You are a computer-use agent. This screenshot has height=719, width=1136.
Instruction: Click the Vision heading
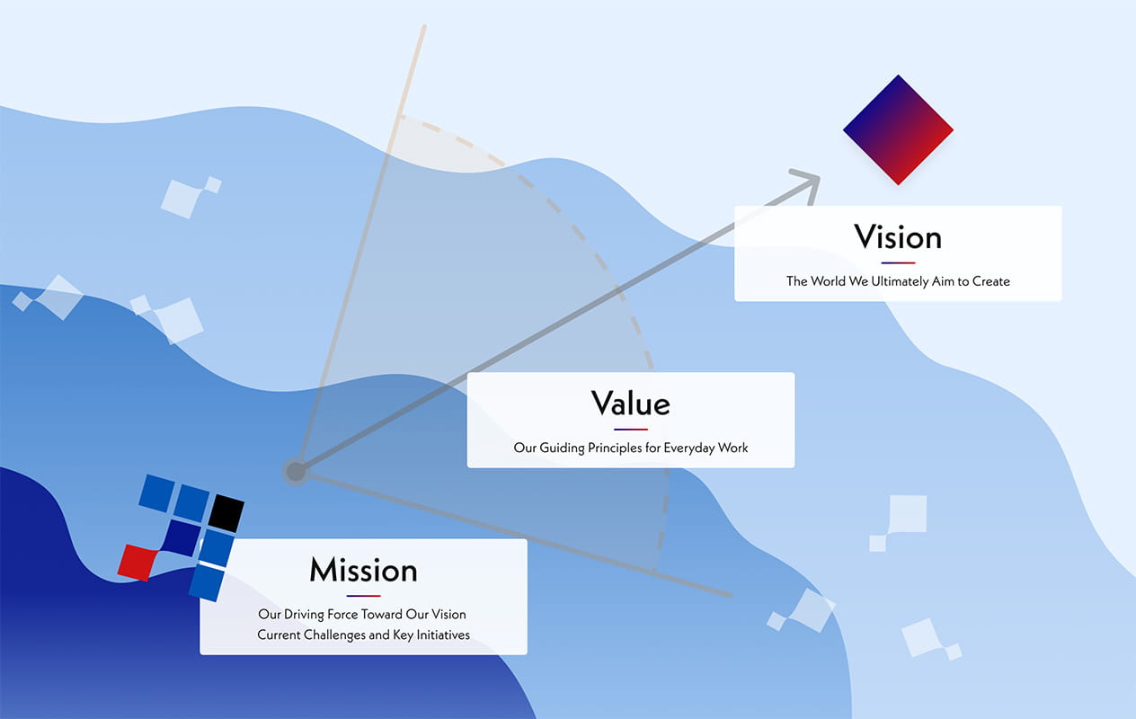tap(898, 237)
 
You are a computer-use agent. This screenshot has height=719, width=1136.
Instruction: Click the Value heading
tap(630, 404)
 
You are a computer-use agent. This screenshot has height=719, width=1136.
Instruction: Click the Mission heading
tap(363, 570)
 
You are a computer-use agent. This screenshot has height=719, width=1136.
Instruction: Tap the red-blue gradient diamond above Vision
tap(898, 130)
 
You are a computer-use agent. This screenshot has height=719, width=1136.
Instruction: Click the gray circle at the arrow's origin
tap(296, 471)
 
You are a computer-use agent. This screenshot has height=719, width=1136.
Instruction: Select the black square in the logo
tap(226, 511)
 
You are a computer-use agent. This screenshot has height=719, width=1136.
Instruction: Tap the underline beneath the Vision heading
tap(898, 263)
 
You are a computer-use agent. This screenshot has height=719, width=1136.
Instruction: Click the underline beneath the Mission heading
tap(363, 596)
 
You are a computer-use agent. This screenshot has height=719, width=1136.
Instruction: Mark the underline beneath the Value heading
tap(630, 430)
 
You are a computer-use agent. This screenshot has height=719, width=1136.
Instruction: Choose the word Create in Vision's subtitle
tap(991, 281)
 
